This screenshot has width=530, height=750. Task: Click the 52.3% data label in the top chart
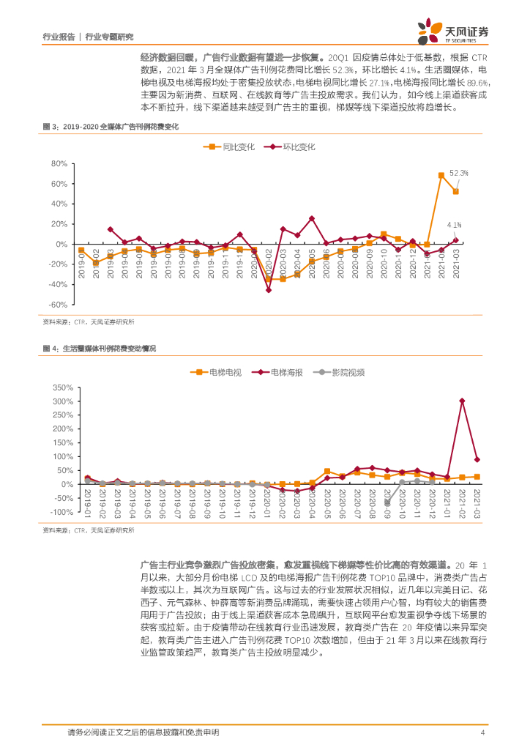click(458, 173)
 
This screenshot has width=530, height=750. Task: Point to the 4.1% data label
click(453, 224)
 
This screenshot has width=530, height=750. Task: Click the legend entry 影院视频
click(348, 372)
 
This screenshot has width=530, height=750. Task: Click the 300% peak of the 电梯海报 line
click(462, 401)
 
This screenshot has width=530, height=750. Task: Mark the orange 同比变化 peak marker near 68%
click(441, 175)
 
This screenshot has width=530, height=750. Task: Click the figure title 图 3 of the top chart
click(111, 126)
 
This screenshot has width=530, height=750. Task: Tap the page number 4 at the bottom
click(482, 732)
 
